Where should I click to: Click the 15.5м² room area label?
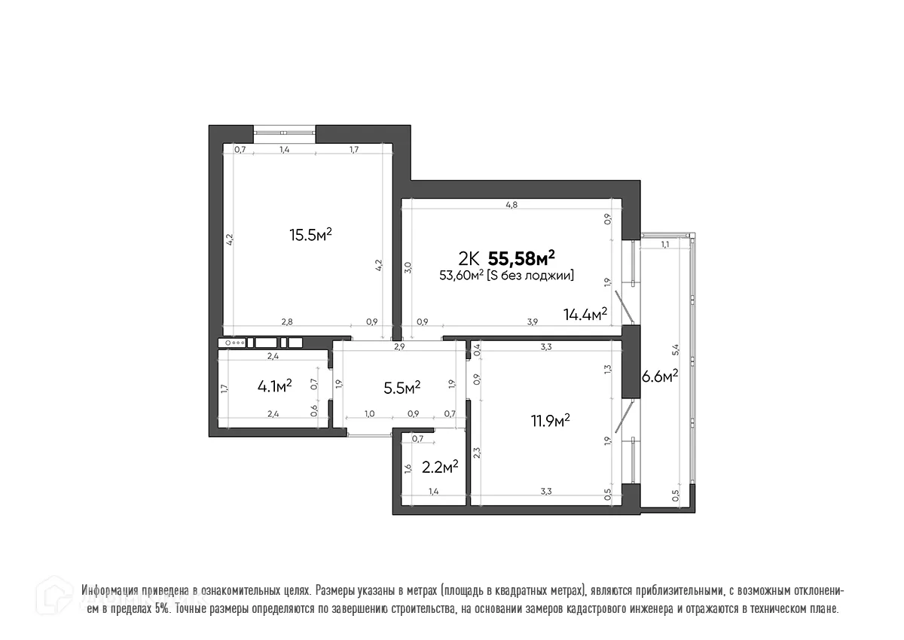point(311,235)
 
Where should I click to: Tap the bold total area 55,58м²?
point(527,259)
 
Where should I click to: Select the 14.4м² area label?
point(585,314)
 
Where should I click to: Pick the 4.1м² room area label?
point(274,386)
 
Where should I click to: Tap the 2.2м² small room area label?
point(440,468)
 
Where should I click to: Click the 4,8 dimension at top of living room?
point(512,205)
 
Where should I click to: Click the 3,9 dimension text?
point(532,322)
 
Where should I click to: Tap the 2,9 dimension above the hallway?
point(399,346)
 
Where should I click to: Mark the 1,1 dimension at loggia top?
point(665,245)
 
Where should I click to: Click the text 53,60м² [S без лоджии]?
point(507,276)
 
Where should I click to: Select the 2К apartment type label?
point(468,260)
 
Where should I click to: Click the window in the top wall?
point(284,133)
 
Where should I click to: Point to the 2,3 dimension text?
point(477,453)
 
